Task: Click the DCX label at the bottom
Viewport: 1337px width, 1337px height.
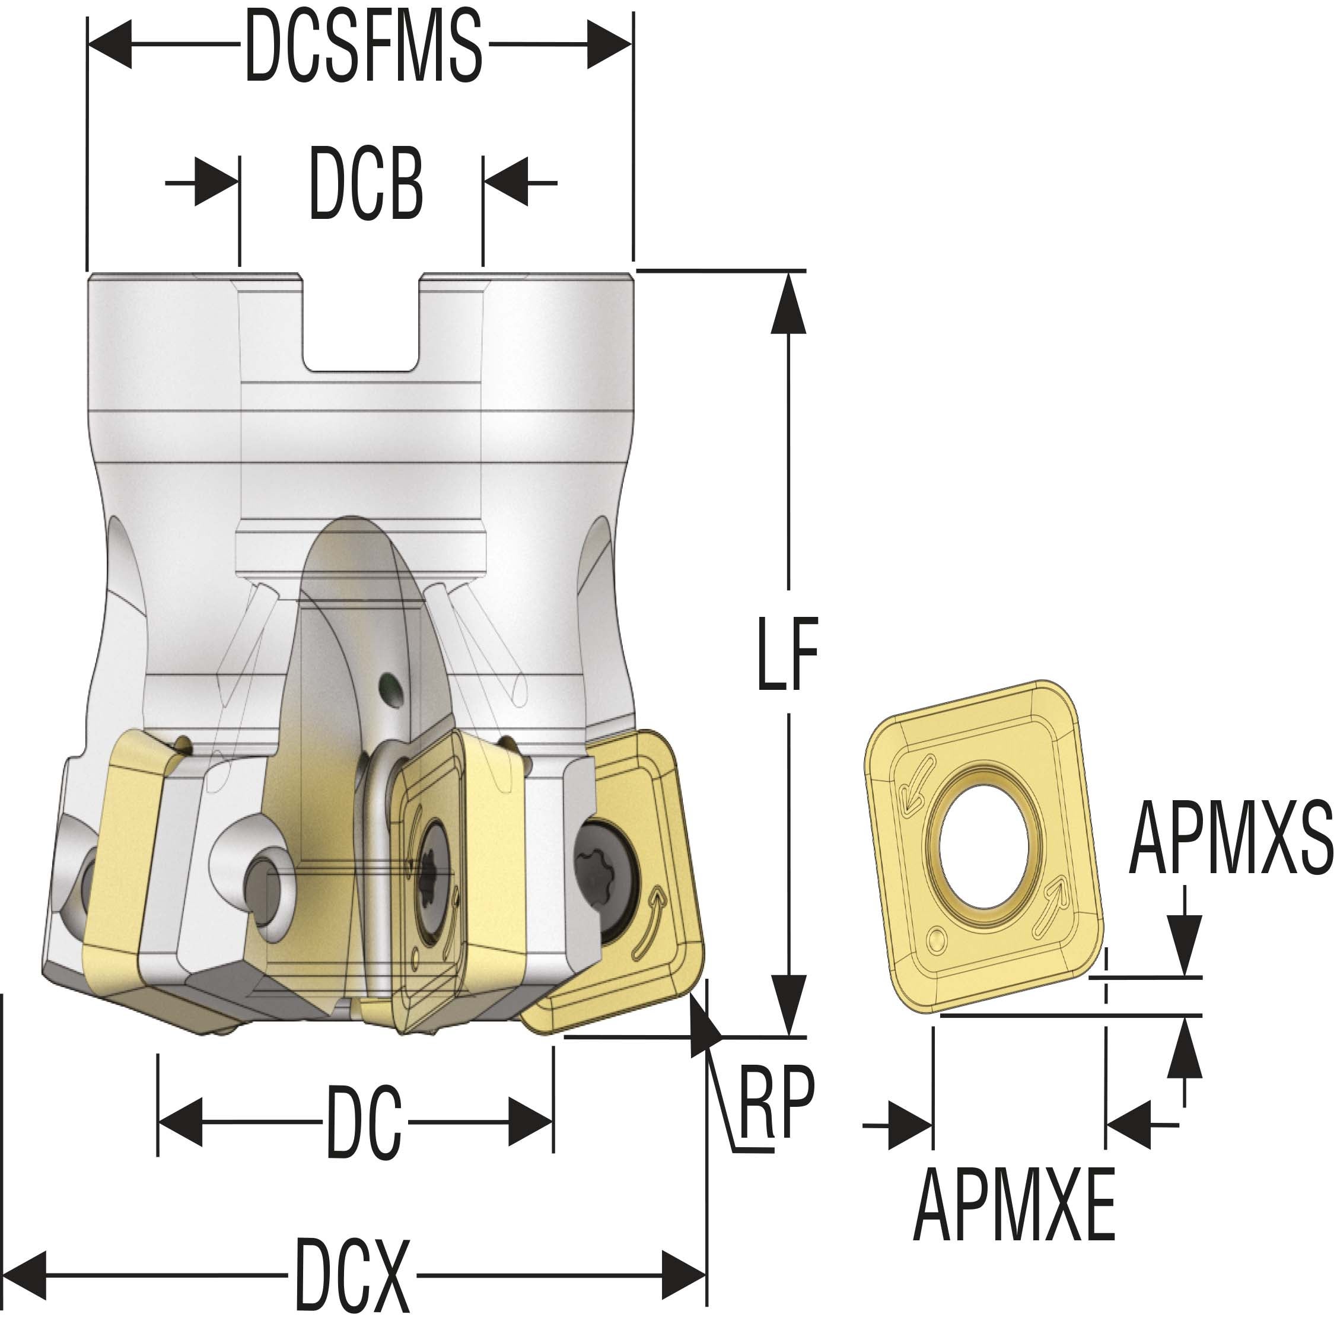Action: pyautogui.click(x=353, y=1275)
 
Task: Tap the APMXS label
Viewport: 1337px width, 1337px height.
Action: pyautogui.click(x=1230, y=839)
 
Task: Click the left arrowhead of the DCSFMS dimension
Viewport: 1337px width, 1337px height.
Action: pyautogui.click(x=111, y=45)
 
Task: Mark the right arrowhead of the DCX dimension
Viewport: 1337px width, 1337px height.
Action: pyautogui.click(x=683, y=1275)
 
